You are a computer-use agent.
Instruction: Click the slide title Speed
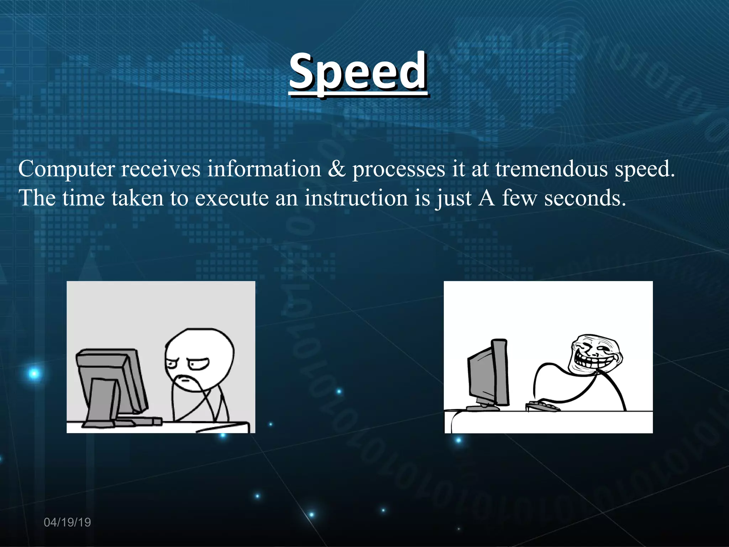(358, 71)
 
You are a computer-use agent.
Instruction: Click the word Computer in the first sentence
(67, 169)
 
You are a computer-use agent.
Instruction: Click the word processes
(398, 169)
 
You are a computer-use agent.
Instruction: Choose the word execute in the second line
(232, 198)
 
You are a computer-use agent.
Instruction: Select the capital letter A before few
(487, 198)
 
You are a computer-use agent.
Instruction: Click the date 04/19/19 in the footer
(67, 522)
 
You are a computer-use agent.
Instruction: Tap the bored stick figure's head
(199, 360)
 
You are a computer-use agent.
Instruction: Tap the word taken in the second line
(137, 198)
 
